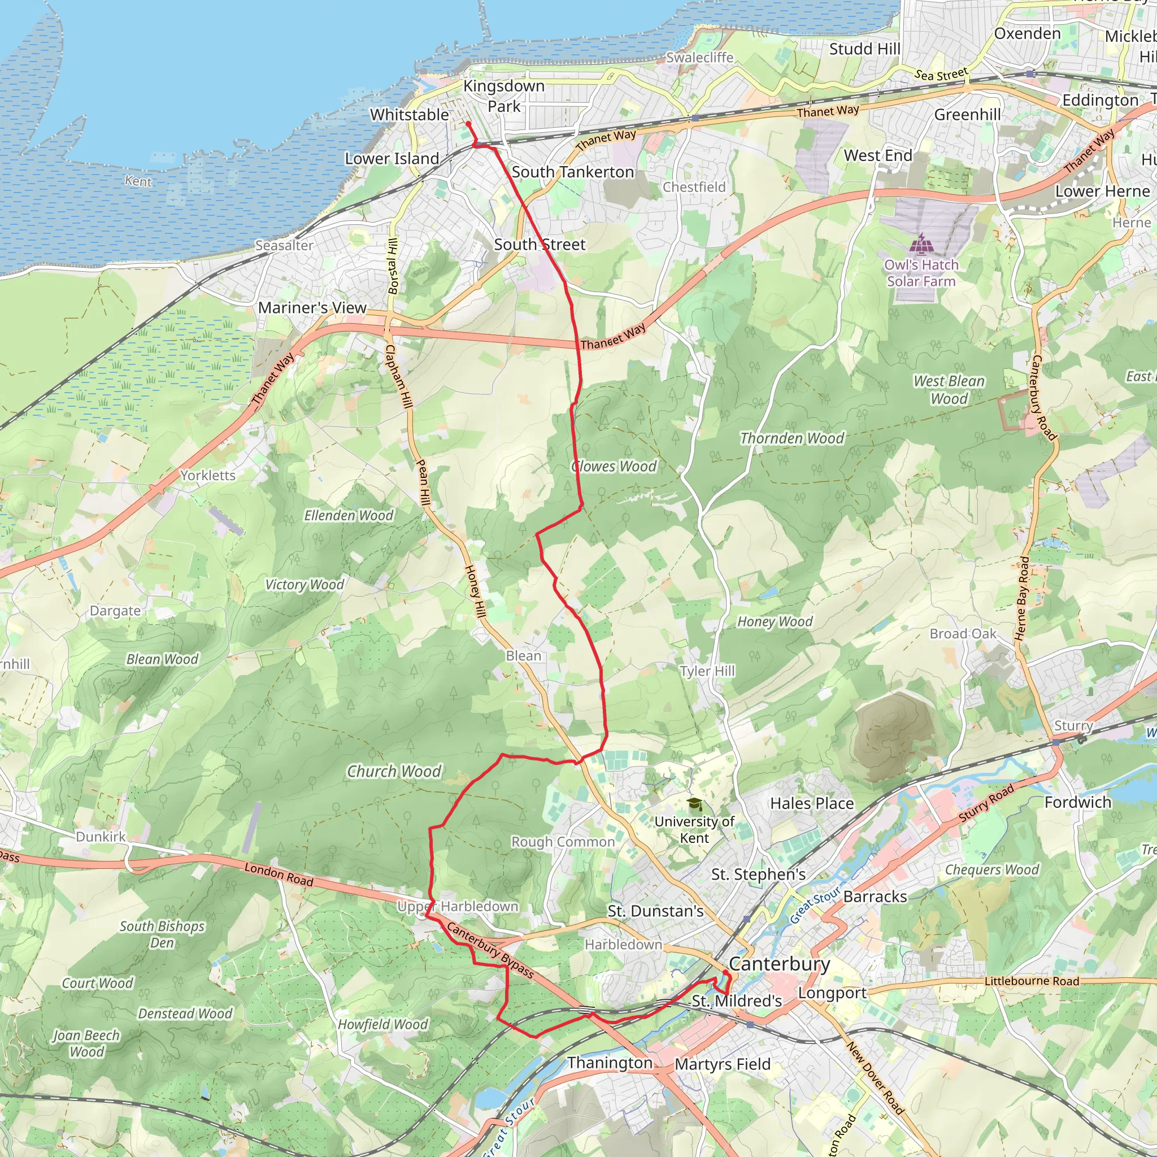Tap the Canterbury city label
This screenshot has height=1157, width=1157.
pyautogui.click(x=779, y=964)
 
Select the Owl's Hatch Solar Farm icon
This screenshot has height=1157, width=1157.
pyautogui.click(x=921, y=244)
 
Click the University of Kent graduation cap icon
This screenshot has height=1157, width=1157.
pyautogui.click(x=694, y=804)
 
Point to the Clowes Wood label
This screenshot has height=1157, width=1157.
pyautogui.click(x=615, y=467)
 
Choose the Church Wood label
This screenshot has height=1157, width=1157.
pyautogui.click(x=394, y=771)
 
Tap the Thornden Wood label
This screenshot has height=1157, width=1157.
pyautogui.click(x=791, y=438)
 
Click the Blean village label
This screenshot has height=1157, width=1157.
pyautogui.click(x=523, y=656)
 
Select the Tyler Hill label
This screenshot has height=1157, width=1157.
pyautogui.click(x=707, y=671)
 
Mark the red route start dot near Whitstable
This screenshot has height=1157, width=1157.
pyautogui.click(x=468, y=124)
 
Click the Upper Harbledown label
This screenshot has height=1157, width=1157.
pyautogui.click(x=458, y=906)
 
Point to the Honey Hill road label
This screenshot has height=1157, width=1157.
pyautogui.click(x=476, y=591)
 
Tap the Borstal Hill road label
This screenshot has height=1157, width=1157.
pyautogui.click(x=393, y=266)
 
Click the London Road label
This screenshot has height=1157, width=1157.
pyautogui.click(x=279, y=875)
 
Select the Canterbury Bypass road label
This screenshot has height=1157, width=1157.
pyautogui.click(x=490, y=951)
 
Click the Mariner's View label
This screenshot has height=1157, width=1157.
pyautogui.click(x=312, y=308)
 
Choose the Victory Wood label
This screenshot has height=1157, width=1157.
pyautogui.click(x=305, y=585)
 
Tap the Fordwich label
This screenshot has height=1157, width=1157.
pyautogui.click(x=1077, y=802)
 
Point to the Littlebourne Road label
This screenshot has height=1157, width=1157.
pyautogui.click(x=1032, y=981)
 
